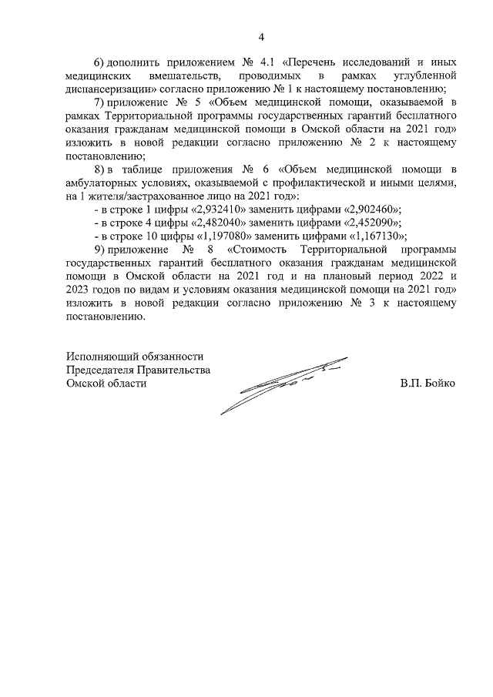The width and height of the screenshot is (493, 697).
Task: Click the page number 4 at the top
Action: [x=261, y=37]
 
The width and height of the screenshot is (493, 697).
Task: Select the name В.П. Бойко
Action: [x=428, y=384]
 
